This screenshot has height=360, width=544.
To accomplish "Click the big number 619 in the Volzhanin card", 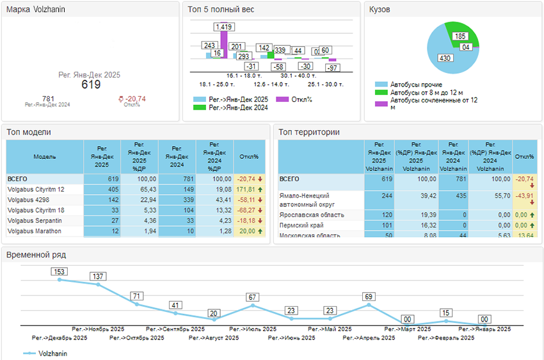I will tap(91, 85).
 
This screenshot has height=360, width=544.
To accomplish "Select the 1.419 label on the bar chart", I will tap(224, 27).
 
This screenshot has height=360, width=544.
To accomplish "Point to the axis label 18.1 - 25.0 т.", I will tap(217, 84).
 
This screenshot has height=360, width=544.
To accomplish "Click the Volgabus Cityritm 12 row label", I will tap(36, 190).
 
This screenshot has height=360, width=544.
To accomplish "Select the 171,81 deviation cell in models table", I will tap(248, 190).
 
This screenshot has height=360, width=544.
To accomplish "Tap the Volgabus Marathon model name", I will tap(35, 231).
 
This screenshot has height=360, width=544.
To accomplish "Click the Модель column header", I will tap(45, 156).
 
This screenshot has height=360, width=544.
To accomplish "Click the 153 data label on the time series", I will tap(60, 272).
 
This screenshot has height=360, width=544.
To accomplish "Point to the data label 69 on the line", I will tap(368, 297).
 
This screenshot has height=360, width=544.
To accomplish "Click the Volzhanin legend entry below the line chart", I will tap(52, 353).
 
